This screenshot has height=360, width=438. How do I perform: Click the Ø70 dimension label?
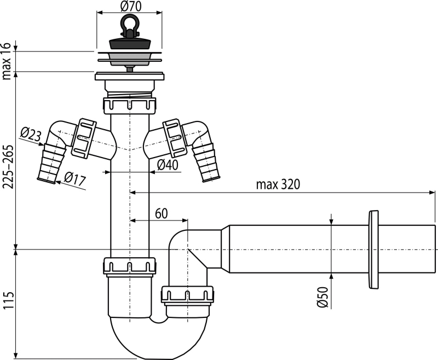point(131,7)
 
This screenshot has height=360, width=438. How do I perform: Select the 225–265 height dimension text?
point(7,167)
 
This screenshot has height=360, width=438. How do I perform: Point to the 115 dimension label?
point(8,300)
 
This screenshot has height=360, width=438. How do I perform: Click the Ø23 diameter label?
point(31,135)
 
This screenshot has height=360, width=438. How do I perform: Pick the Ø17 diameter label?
point(74,179)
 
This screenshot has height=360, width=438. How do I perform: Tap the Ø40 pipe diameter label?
point(168,165)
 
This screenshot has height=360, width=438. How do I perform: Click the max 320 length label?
point(278,184)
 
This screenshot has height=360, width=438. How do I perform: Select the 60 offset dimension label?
point(161,214)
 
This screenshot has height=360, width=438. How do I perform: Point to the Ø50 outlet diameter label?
point(322,297)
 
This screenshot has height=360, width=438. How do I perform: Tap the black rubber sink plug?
point(129,43)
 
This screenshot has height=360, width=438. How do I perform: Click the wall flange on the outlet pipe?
point(373,250)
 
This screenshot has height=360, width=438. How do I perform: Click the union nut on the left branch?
point(84,137)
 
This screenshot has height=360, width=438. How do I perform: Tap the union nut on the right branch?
point(175,137)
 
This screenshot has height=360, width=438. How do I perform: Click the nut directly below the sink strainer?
point(130,106)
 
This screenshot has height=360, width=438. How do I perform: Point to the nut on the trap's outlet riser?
point(187,294)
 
